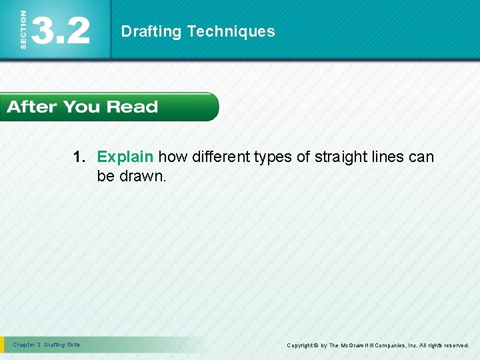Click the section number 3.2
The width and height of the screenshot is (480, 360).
(61, 31)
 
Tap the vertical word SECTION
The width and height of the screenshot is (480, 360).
(24, 31)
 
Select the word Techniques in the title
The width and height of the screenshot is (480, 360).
(231, 31)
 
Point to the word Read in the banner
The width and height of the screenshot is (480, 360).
(132, 107)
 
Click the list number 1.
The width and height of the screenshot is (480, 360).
(79, 157)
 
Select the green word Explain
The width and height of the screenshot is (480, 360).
(126, 157)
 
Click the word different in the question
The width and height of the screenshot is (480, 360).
(221, 157)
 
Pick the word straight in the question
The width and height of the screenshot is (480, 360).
(342, 157)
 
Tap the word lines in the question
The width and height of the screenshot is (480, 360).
(389, 157)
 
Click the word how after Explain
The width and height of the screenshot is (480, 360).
(173, 157)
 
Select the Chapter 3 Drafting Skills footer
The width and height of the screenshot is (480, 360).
(46, 345)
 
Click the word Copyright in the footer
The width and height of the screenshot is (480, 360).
(302, 345)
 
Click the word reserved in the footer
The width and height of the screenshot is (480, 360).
(455, 345)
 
